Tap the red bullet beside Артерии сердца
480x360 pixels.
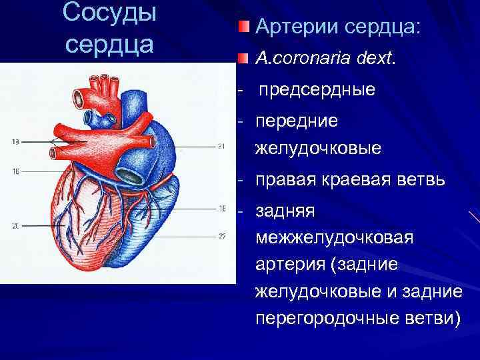point(243,27)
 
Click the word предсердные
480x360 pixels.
point(317,89)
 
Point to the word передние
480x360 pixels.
point(297,121)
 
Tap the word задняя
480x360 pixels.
point(287,211)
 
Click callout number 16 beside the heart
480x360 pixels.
point(14,171)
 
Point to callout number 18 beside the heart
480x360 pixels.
point(221,209)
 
